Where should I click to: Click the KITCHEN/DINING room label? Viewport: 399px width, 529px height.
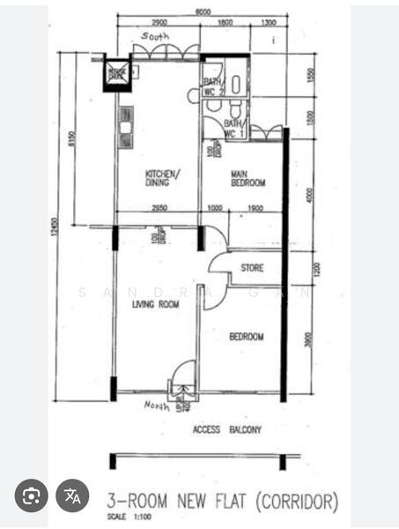(x=162, y=178)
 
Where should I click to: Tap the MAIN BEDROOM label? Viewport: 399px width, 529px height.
(x=248, y=178)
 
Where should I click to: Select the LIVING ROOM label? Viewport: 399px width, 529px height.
(x=155, y=304)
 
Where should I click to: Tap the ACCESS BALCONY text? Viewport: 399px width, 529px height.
(x=227, y=429)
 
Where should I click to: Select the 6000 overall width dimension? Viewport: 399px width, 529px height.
(x=203, y=13)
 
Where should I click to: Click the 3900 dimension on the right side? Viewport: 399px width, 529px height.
(x=308, y=338)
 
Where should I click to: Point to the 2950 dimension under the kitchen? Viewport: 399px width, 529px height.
(x=159, y=208)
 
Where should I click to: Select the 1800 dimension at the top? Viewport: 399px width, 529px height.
(x=225, y=21)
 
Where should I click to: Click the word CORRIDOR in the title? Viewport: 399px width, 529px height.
(x=297, y=503)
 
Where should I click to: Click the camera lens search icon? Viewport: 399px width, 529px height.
(x=31, y=495)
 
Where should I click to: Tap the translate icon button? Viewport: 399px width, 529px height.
(x=73, y=495)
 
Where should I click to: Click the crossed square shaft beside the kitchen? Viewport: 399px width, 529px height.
(x=116, y=73)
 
